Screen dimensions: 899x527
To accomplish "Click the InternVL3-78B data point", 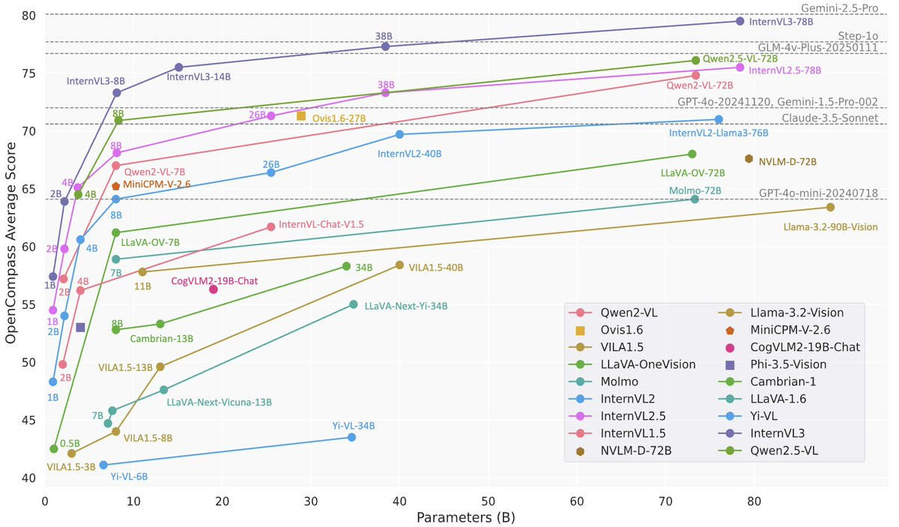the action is coord(740,21).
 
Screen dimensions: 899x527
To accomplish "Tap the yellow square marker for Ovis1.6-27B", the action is coord(301,116).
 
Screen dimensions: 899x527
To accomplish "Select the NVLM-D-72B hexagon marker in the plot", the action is coord(748,159).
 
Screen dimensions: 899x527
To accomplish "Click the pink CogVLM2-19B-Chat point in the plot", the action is coord(214,289).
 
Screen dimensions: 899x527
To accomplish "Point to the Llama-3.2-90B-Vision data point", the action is coord(830,207).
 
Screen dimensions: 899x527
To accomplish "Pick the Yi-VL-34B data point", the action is coord(351,437).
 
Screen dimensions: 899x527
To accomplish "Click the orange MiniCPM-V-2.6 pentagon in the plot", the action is coord(116,186).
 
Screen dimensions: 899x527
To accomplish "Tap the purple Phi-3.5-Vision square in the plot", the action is coord(80,328).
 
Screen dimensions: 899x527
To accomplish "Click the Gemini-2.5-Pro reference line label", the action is coord(838,8).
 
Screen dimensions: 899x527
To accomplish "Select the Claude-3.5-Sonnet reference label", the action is coord(830,118).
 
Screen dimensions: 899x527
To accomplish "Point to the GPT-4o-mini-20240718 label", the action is coord(818,193).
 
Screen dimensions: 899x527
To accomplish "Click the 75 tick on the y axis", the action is coord(28,73).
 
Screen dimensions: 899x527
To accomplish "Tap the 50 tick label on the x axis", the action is coord(488,501).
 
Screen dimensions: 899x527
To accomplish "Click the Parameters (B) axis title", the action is coord(465,517).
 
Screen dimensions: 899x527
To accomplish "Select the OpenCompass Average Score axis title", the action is coord(10,243).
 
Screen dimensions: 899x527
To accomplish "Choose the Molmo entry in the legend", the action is coord(619,382).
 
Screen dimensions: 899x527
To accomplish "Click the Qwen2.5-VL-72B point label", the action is coord(740,58).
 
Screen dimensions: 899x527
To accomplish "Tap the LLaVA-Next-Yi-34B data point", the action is coord(353,304).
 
